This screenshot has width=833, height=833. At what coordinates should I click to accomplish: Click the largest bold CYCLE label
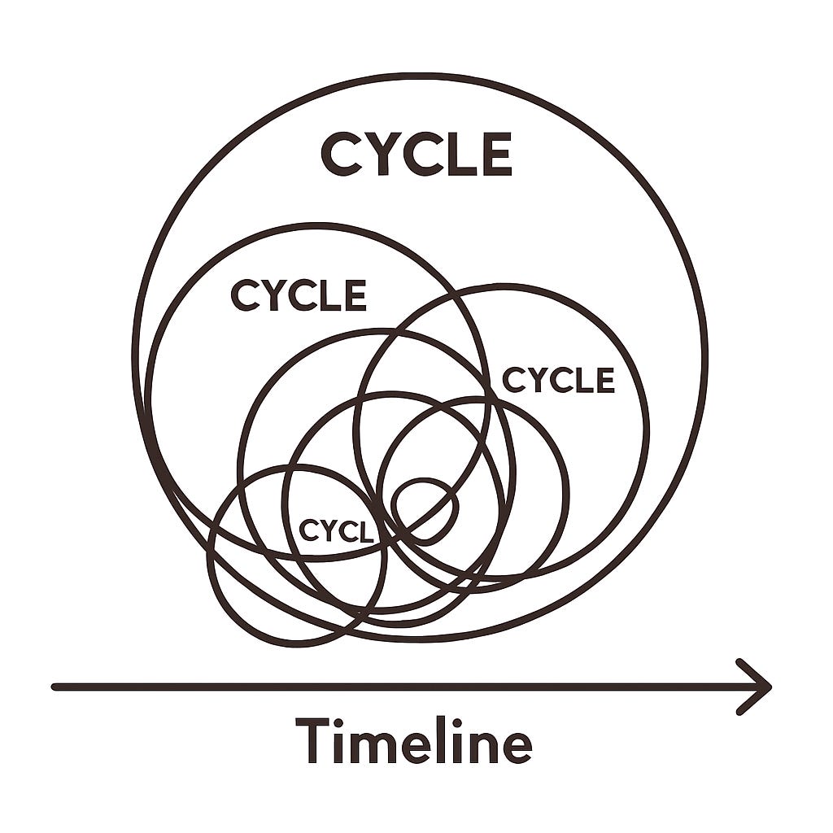tap(416, 155)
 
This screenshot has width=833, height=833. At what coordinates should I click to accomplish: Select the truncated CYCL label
tap(336, 530)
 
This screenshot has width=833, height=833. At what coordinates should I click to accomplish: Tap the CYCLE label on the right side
tap(558, 380)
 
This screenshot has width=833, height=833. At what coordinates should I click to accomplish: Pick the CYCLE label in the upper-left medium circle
tap(299, 295)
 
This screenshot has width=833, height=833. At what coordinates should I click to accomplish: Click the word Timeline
tap(413, 739)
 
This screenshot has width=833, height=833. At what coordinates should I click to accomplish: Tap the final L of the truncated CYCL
tap(365, 531)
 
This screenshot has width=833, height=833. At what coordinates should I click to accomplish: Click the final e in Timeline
tap(515, 745)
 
